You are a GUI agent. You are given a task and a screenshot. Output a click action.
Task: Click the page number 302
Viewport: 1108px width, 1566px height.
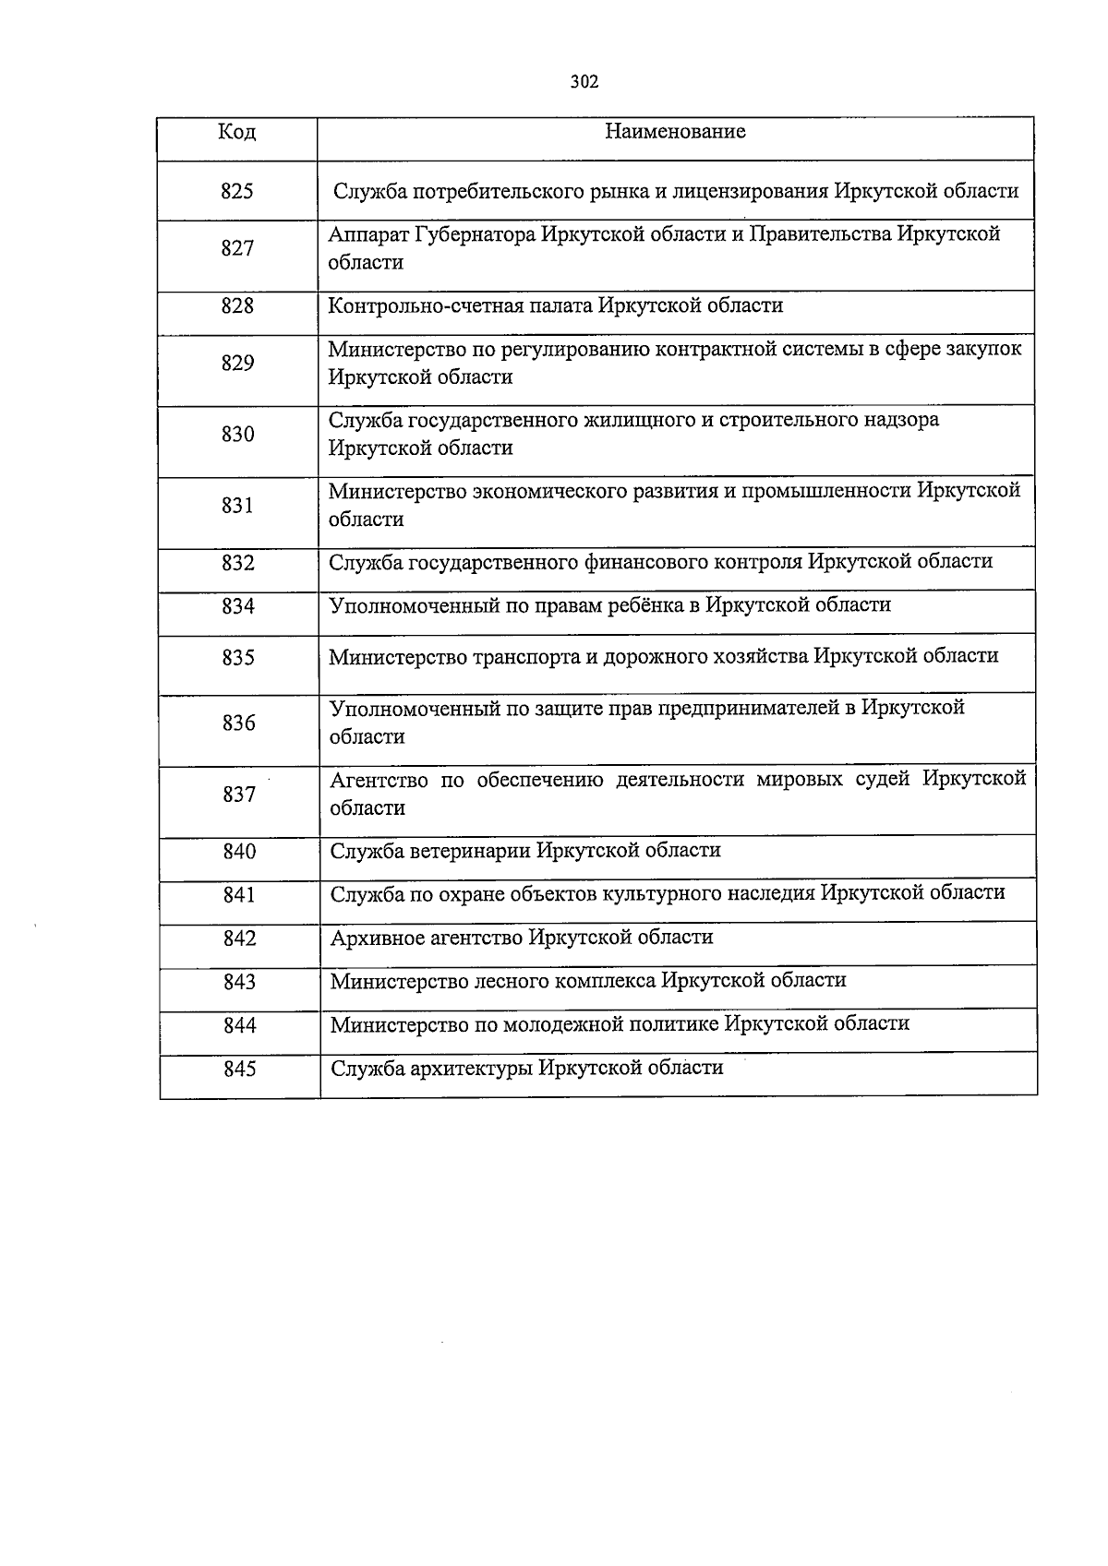584,82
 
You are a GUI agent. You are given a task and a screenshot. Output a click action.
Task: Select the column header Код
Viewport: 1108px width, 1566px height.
236,132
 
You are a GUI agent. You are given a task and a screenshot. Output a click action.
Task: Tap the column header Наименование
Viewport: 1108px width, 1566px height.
675,132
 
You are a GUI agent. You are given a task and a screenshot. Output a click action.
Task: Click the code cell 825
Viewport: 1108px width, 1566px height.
237,192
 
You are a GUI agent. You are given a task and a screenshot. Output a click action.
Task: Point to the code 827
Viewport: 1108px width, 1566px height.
237,248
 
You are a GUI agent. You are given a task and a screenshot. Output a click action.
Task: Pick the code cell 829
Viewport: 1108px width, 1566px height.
237,364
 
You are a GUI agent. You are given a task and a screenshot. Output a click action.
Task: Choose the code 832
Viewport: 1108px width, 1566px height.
238,563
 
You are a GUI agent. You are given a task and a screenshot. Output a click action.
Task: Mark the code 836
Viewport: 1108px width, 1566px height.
238,723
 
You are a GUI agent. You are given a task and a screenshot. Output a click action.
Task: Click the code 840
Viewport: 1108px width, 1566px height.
239,852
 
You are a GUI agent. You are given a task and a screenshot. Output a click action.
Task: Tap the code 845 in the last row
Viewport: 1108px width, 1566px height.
239,1070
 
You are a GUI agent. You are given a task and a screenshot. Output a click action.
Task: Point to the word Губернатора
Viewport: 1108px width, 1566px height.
475,234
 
